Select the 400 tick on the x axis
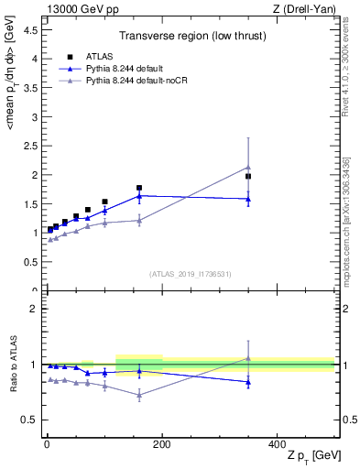[x=278, y=443]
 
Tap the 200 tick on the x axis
[x=162, y=443]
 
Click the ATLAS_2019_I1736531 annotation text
[x=190, y=274]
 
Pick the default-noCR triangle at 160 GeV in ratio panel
[x=139, y=395]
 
